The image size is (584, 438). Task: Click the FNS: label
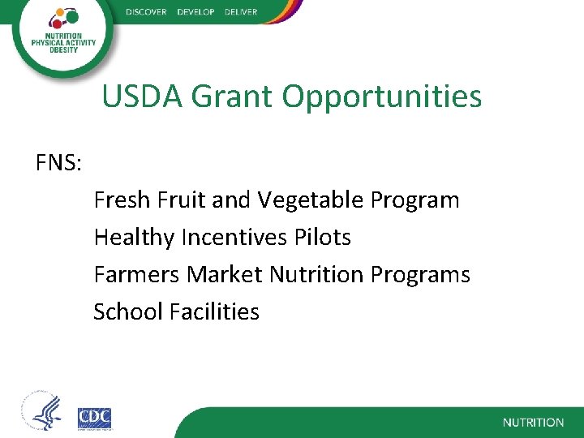pos(58,164)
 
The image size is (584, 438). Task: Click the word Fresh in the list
pos(120,200)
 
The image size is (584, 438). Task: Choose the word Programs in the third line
pos(420,276)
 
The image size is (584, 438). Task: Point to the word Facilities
pos(215,311)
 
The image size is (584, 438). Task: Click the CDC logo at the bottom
pos(95,418)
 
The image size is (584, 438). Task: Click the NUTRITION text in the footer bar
pos(533,423)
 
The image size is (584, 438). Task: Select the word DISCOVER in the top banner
pos(146,12)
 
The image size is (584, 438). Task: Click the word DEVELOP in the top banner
pos(195,12)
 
